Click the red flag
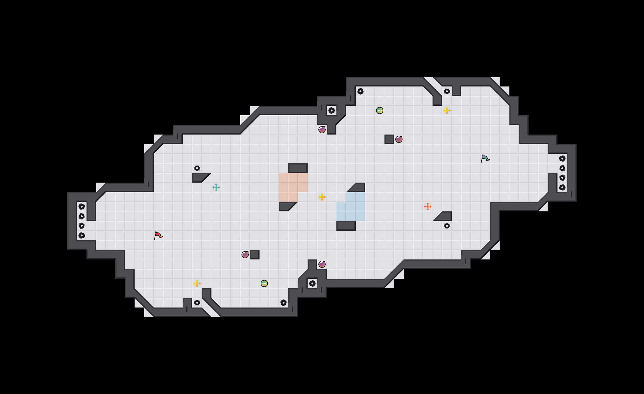[x=158, y=235]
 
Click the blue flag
[x=485, y=159]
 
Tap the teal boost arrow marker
[x=216, y=187]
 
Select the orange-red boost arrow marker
[x=427, y=207]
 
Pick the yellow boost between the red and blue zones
[x=322, y=197]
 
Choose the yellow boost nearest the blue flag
[x=447, y=111]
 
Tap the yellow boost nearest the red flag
[x=197, y=283]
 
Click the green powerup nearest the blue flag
[x=379, y=111]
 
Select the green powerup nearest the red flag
[x=264, y=283]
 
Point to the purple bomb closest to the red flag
[x=245, y=254]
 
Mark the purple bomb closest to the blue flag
[x=399, y=139]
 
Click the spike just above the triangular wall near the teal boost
[x=197, y=168]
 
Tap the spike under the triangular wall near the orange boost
[x=447, y=226]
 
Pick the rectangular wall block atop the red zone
[x=298, y=168]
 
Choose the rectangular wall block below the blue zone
[x=346, y=226]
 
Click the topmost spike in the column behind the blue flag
[x=562, y=159]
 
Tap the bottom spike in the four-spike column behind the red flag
[x=82, y=235]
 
